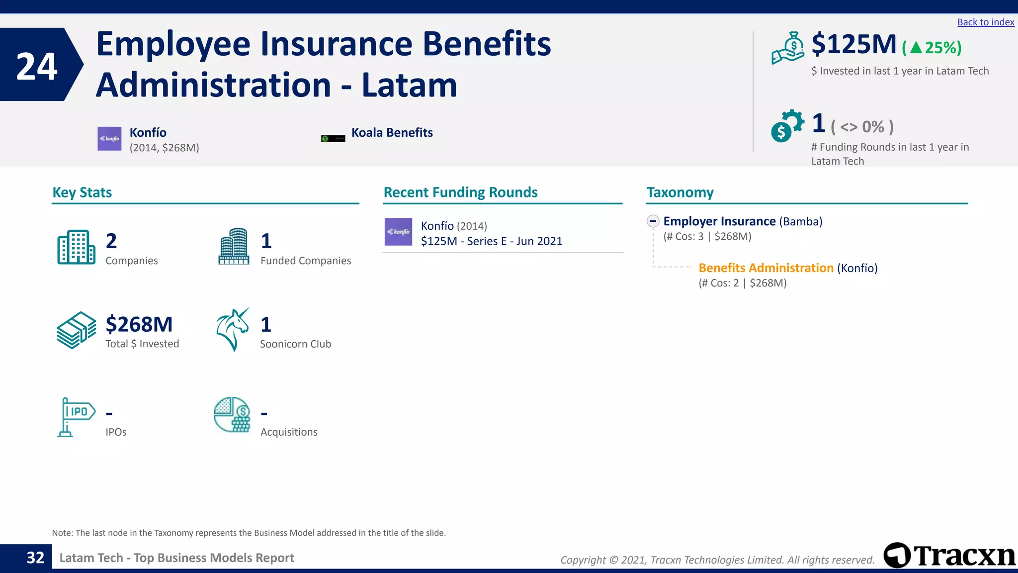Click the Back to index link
click(x=985, y=22)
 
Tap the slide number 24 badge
click(x=37, y=65)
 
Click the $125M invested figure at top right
click(x=853, y=44)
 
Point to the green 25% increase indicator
click(x=932, y=48)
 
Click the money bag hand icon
click(x=788, y=48)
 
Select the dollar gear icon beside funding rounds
click(x=787, y=126)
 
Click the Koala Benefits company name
click(x=392, y=133)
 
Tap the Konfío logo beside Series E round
click(x=398, y=232)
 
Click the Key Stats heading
click(x=82, y=192)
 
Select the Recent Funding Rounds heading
click(x=460, y=192)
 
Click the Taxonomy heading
click(x=679, y=192)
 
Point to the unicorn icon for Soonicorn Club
click(x=233, y=329)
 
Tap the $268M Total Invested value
click(x=139, y=324)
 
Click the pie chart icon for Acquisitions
click(x=232, y=414)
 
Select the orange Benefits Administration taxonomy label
click(x=765, y=268)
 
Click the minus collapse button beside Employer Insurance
click(x=653, y=221)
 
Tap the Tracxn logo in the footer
click(x=948, y=555)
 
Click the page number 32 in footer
click(x=35, y=558)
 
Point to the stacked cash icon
click(x=76, y=330)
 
